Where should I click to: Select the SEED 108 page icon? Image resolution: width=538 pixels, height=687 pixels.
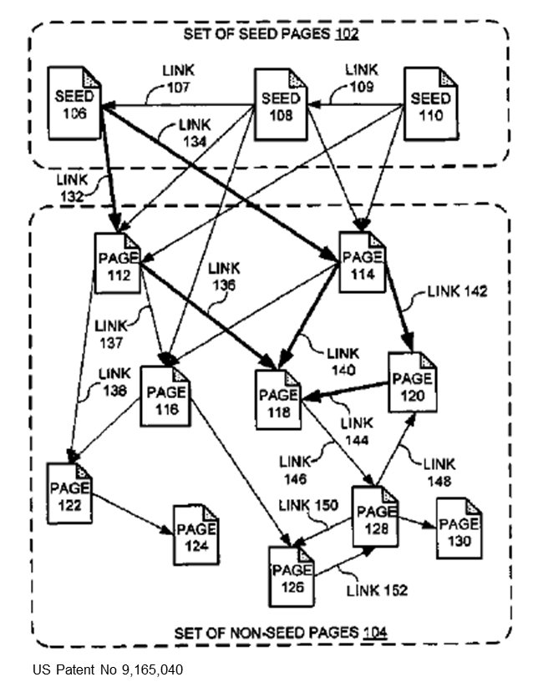(x=280, y=105)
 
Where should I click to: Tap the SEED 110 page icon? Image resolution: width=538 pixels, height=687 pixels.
(x=431, y=105)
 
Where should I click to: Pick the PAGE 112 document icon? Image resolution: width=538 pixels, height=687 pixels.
(x=118, y=263)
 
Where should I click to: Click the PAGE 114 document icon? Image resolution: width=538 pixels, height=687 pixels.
(x=363, y=261)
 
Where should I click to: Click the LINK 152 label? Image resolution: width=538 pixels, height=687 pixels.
(x=377, y=590)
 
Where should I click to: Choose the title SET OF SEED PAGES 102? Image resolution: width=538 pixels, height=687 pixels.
(x=271, y=35)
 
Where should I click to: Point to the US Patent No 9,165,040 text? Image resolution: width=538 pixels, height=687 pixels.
(x=108, y=669)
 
